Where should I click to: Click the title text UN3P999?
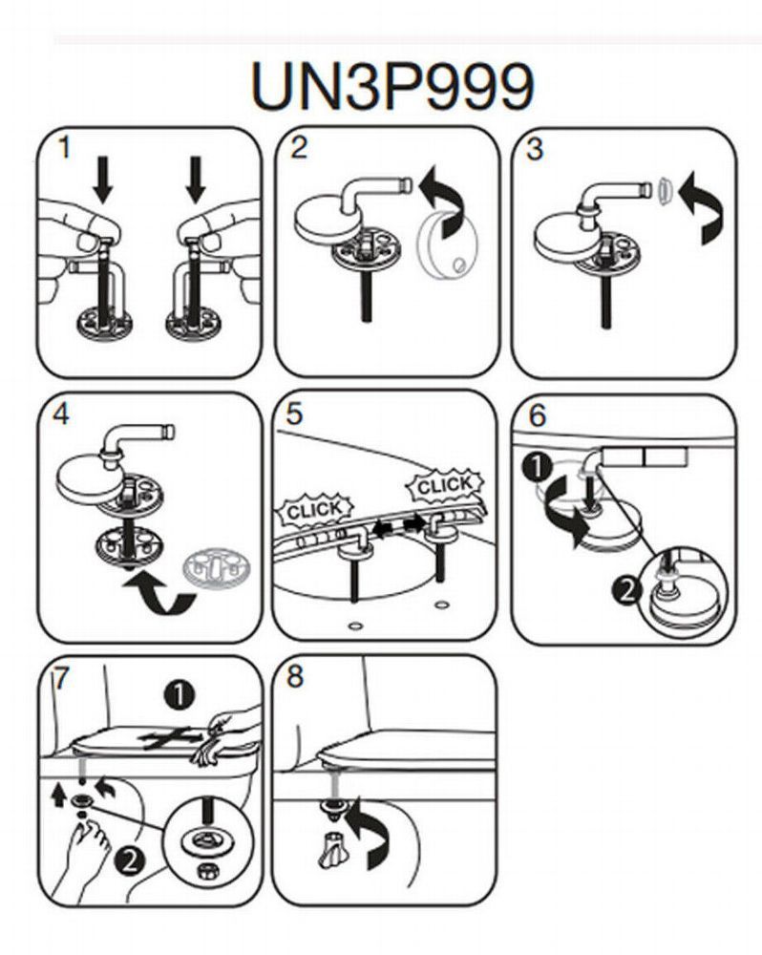click(392, 87)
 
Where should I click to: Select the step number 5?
click(294, 414)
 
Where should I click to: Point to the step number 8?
click(295, 677)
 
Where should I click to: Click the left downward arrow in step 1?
click(103, 180)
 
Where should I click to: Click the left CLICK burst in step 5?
click(313, 508)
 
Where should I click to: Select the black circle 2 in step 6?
click(625, 591)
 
